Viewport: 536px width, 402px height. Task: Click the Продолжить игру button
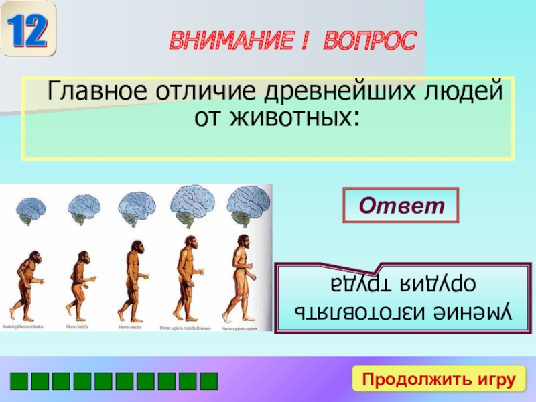(x=439, y=379)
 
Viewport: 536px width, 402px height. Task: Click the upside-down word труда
(x=359, y=283)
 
